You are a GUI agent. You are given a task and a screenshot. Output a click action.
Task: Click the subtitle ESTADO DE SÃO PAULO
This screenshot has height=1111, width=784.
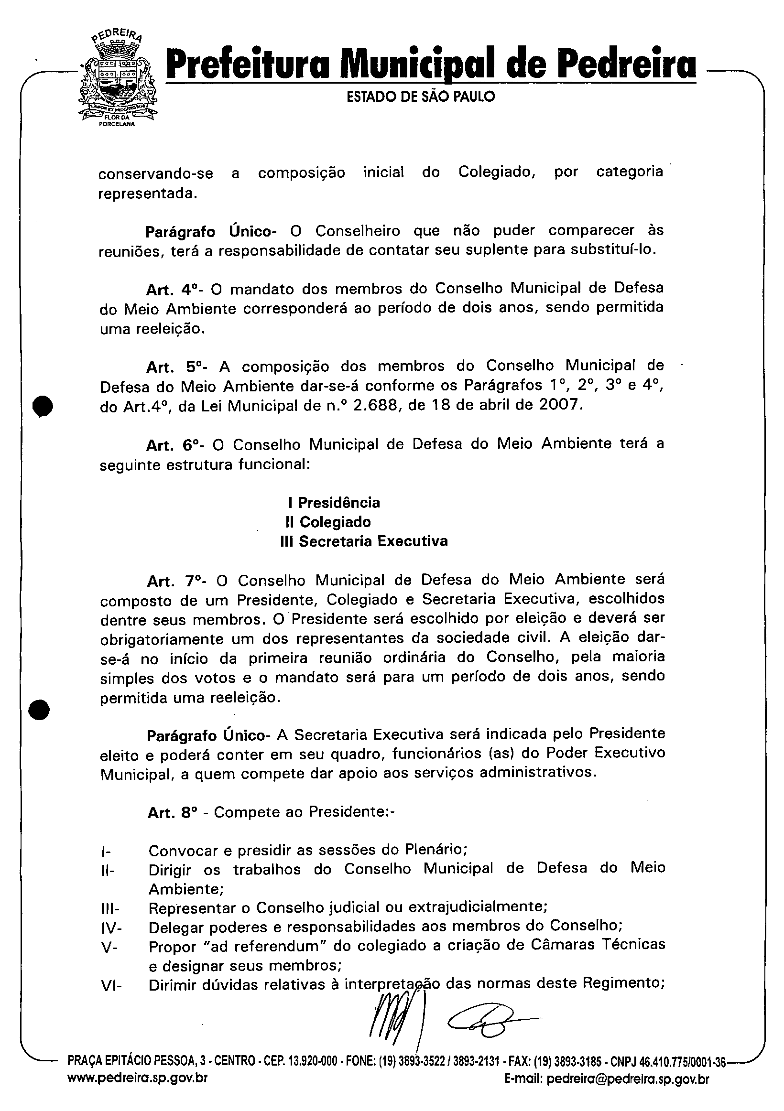tap(421, 97)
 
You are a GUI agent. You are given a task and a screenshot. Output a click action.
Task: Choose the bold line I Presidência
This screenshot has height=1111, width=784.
tap(334, 503)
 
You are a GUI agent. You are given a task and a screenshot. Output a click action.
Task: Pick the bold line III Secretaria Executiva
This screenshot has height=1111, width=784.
tap(364, 541)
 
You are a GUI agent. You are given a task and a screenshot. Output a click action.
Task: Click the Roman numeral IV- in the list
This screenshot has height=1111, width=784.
tap(112, 928)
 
